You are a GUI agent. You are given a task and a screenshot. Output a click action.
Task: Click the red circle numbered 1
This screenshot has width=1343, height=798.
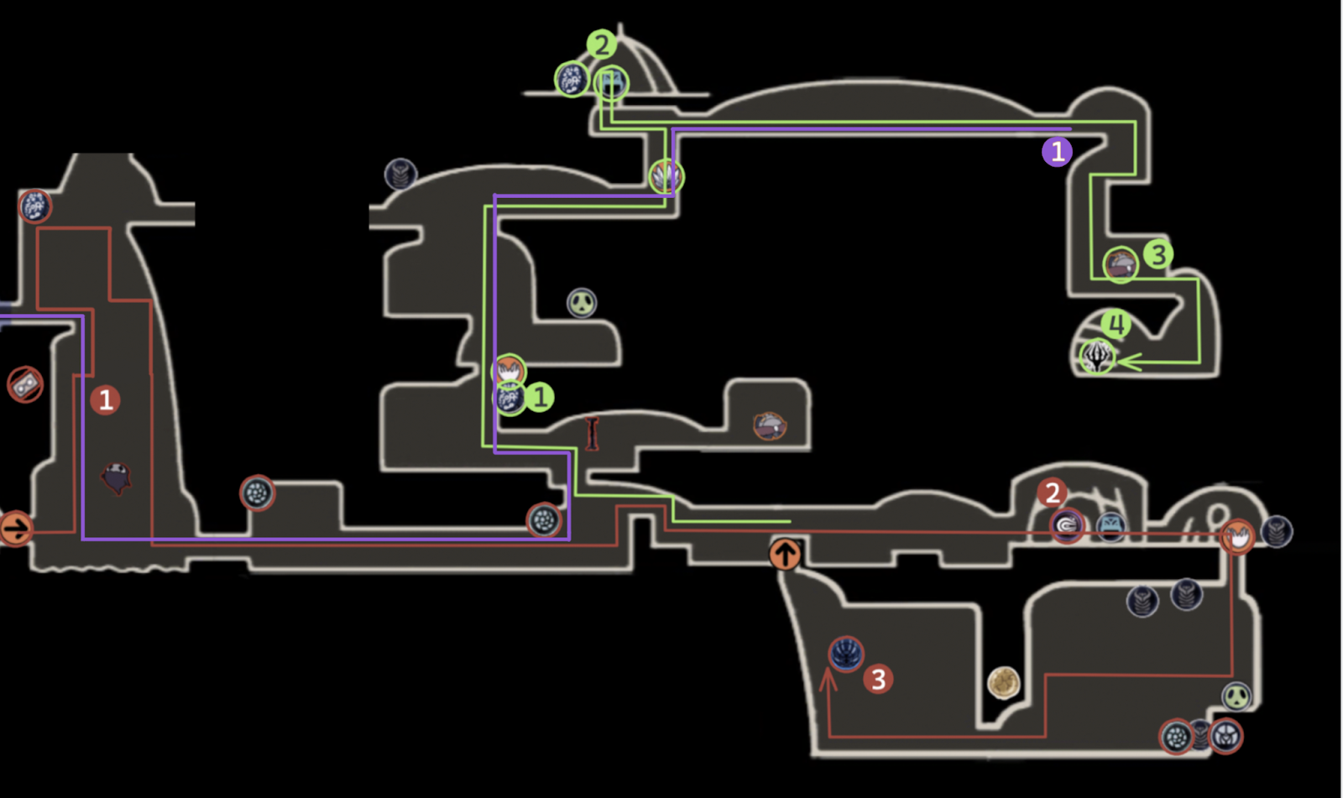click(x=105, y=399)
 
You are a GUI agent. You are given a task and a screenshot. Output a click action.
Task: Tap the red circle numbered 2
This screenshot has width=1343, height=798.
click(x=1052, y=493)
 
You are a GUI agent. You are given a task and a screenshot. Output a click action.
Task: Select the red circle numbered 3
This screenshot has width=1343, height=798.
click(x=878, y=679)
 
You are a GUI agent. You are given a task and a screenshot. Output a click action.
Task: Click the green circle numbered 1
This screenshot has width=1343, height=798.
click(x=540, y=397)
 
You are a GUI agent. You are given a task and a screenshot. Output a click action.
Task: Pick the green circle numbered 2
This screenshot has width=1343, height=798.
click(x=601, y=44)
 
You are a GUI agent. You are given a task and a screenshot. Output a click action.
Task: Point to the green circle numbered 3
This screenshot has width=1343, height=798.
click(x=1157, y=254)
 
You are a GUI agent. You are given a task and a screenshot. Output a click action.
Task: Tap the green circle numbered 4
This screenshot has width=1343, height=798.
click(x=1116, y=324)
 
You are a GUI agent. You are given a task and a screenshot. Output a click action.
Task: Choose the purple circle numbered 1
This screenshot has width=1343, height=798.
click(x=1057, y=152)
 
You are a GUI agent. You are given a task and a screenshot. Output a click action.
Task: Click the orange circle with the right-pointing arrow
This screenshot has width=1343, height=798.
click(x=15, y=529)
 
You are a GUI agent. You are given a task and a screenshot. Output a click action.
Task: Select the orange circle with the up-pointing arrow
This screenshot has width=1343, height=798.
click(x=785, y=554)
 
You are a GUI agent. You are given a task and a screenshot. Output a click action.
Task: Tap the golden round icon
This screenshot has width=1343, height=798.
click(x=1003, y=682)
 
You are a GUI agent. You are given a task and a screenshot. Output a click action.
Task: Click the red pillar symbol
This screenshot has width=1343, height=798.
click(x=593, y=433)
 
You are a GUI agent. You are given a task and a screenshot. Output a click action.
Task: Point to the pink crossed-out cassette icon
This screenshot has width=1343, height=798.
click(x=25, y=385)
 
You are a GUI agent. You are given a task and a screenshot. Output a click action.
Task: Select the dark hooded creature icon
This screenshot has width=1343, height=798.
click(x=116, y=478)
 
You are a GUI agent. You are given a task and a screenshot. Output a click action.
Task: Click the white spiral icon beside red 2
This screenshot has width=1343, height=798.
click(x=1067, y=526)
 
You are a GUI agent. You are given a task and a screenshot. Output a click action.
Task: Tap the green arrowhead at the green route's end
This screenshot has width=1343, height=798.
click(x=1126, y=362)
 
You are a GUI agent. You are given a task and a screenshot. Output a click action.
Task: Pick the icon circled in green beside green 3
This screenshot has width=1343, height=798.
click(x=1121, y=265)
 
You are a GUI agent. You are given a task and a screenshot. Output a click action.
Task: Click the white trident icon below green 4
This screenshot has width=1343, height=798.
click(x=1097, y=357)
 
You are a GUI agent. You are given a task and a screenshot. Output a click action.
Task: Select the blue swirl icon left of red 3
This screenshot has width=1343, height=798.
click(x=846, y=654)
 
